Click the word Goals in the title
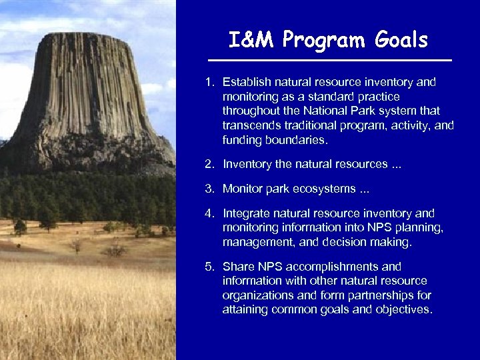point(401,41)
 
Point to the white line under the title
point(329,61)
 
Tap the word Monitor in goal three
point(243,189)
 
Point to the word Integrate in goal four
point(245,213)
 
